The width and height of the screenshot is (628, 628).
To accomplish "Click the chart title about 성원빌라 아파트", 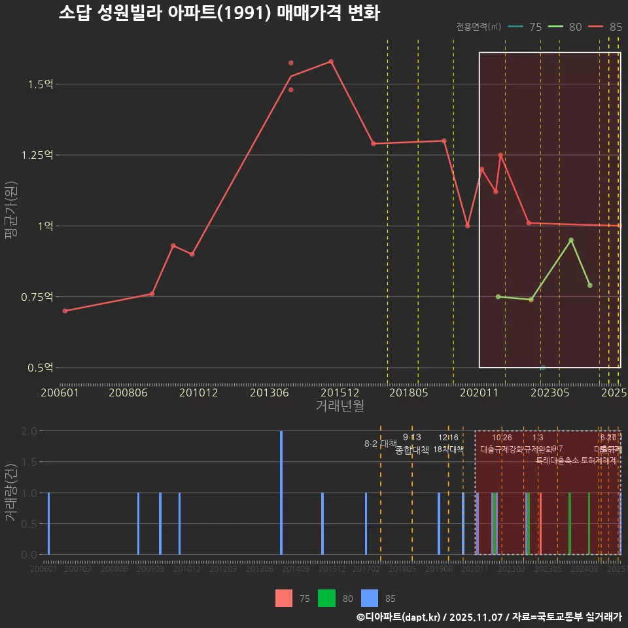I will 219,13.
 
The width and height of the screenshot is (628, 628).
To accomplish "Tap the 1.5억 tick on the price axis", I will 41,84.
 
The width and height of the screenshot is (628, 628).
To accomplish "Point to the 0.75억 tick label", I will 37,297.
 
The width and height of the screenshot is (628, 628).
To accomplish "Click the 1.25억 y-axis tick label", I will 37,155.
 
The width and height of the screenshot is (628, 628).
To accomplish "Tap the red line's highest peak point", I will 331,61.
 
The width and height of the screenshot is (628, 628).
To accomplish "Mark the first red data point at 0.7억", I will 65,311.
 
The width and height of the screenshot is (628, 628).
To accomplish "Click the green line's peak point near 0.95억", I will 571,240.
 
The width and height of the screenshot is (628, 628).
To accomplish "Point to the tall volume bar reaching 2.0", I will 281,492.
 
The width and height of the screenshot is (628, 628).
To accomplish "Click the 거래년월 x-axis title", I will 340,406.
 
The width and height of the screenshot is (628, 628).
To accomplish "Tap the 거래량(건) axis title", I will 10,492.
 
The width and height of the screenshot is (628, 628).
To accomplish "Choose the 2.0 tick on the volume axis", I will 28,431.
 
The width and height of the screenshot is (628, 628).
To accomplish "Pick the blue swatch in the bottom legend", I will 370,598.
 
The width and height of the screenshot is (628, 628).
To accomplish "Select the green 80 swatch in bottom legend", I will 326,598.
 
